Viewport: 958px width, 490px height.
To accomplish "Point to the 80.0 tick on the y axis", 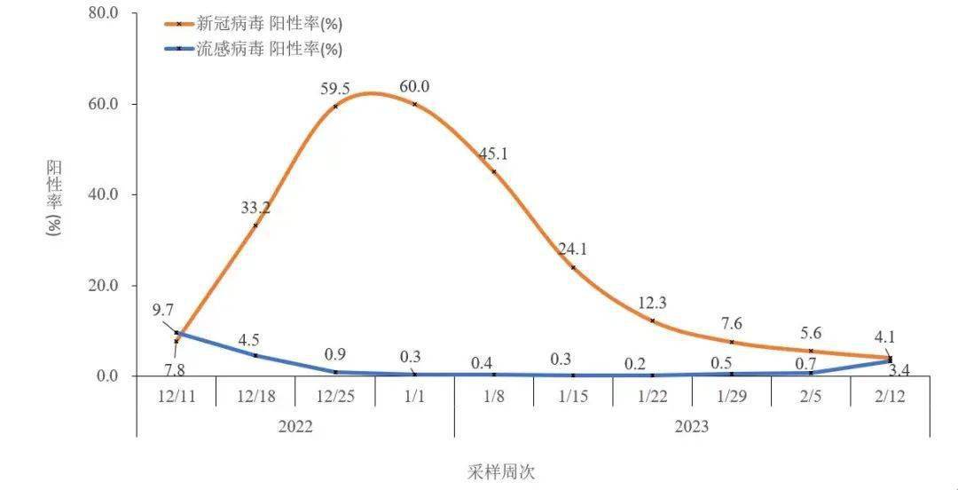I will click(104, 13).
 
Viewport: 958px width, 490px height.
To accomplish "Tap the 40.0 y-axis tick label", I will click(104, 194).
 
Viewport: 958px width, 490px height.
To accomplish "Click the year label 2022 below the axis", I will click(295, 426).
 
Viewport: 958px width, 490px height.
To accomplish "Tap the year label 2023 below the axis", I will click(692, 426).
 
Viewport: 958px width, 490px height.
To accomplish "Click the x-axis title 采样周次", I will click(502, 471).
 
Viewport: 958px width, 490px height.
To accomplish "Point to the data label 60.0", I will click(414, 86).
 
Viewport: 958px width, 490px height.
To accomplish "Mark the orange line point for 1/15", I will click(573, 267).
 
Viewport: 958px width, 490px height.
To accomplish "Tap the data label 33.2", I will click(255, 208).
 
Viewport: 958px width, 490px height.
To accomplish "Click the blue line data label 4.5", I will click(249, 339).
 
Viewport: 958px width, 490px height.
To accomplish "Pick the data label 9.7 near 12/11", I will click(164, 311).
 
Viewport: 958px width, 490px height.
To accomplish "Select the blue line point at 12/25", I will click(335, 372).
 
